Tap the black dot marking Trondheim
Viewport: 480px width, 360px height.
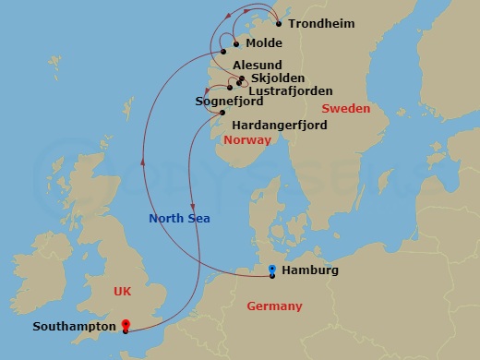click(x=280, y=23)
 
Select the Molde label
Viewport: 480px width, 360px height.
click(x=264, y=43)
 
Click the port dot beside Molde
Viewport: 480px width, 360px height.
click(x=236, y=43)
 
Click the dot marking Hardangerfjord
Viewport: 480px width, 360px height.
click(x=222, y=113)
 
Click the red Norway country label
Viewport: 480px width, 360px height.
click(x=246, y=140)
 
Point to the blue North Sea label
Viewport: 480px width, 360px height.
click(x=180, y=218)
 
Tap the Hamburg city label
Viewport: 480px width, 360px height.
click(x=312, y=270)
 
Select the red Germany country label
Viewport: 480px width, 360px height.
click(x=274, y=306)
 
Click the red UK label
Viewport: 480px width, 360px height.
click(x=122, y=290)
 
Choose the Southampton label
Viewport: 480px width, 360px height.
click(x=74, y=326)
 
